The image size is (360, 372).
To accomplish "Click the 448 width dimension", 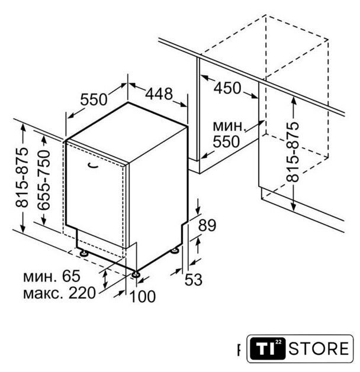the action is tap(159, 93).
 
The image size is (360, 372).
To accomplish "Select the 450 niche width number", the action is tap(227, 88).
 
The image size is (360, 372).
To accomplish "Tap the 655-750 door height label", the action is tap(44, 180).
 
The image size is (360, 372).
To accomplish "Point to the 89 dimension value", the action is tap(207, 225).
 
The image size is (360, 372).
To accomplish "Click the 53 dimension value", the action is tap(193, 280).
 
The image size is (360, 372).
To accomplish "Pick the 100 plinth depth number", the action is tap(143, 296).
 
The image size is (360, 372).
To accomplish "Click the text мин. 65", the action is tap(52, 276).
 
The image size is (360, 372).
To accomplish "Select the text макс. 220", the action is tap(59, 293).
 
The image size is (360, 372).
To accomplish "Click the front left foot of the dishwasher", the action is tap(84, 253).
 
